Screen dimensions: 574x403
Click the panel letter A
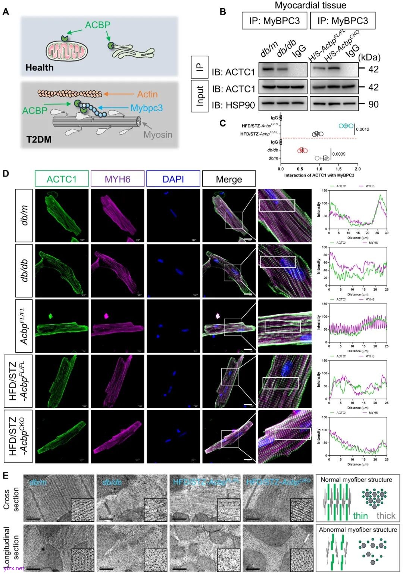6,12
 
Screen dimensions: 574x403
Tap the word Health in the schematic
40,68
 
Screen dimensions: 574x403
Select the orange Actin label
147,94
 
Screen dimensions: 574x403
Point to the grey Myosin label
158,134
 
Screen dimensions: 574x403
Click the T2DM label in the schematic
39,140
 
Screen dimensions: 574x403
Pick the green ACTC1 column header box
62,179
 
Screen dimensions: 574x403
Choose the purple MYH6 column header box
118,179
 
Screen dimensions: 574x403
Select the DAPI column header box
173,179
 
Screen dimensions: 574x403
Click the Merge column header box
229,179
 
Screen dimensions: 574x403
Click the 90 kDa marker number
373,104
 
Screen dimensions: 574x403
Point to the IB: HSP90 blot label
234,105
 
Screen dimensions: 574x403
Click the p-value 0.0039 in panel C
339,154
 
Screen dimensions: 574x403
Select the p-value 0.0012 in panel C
362,130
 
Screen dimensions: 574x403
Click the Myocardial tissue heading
310,5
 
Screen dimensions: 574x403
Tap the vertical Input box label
200,96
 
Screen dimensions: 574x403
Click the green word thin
360,516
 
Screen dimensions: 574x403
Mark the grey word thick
386,516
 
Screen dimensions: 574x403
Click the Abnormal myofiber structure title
358,530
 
